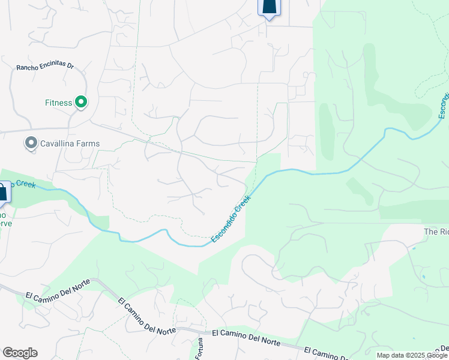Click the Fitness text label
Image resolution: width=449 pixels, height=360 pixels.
[x=58, y=103]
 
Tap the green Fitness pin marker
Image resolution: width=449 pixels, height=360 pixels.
[x=80, y=103]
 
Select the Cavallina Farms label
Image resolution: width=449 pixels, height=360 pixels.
[x=70, y=143]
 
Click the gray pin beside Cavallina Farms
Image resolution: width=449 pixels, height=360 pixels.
[x=30, y=143]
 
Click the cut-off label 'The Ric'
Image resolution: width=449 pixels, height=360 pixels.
[x=436, y=232]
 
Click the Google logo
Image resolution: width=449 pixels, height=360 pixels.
[x=20, y=353]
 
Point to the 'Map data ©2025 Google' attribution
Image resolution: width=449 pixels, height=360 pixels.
[x=411, y=355]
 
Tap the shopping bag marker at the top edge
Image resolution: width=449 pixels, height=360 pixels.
[x=268, y=8]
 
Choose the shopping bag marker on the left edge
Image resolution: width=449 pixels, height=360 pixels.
[x=3, y=193]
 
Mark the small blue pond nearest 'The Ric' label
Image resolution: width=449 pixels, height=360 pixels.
[x=423, y=277]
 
